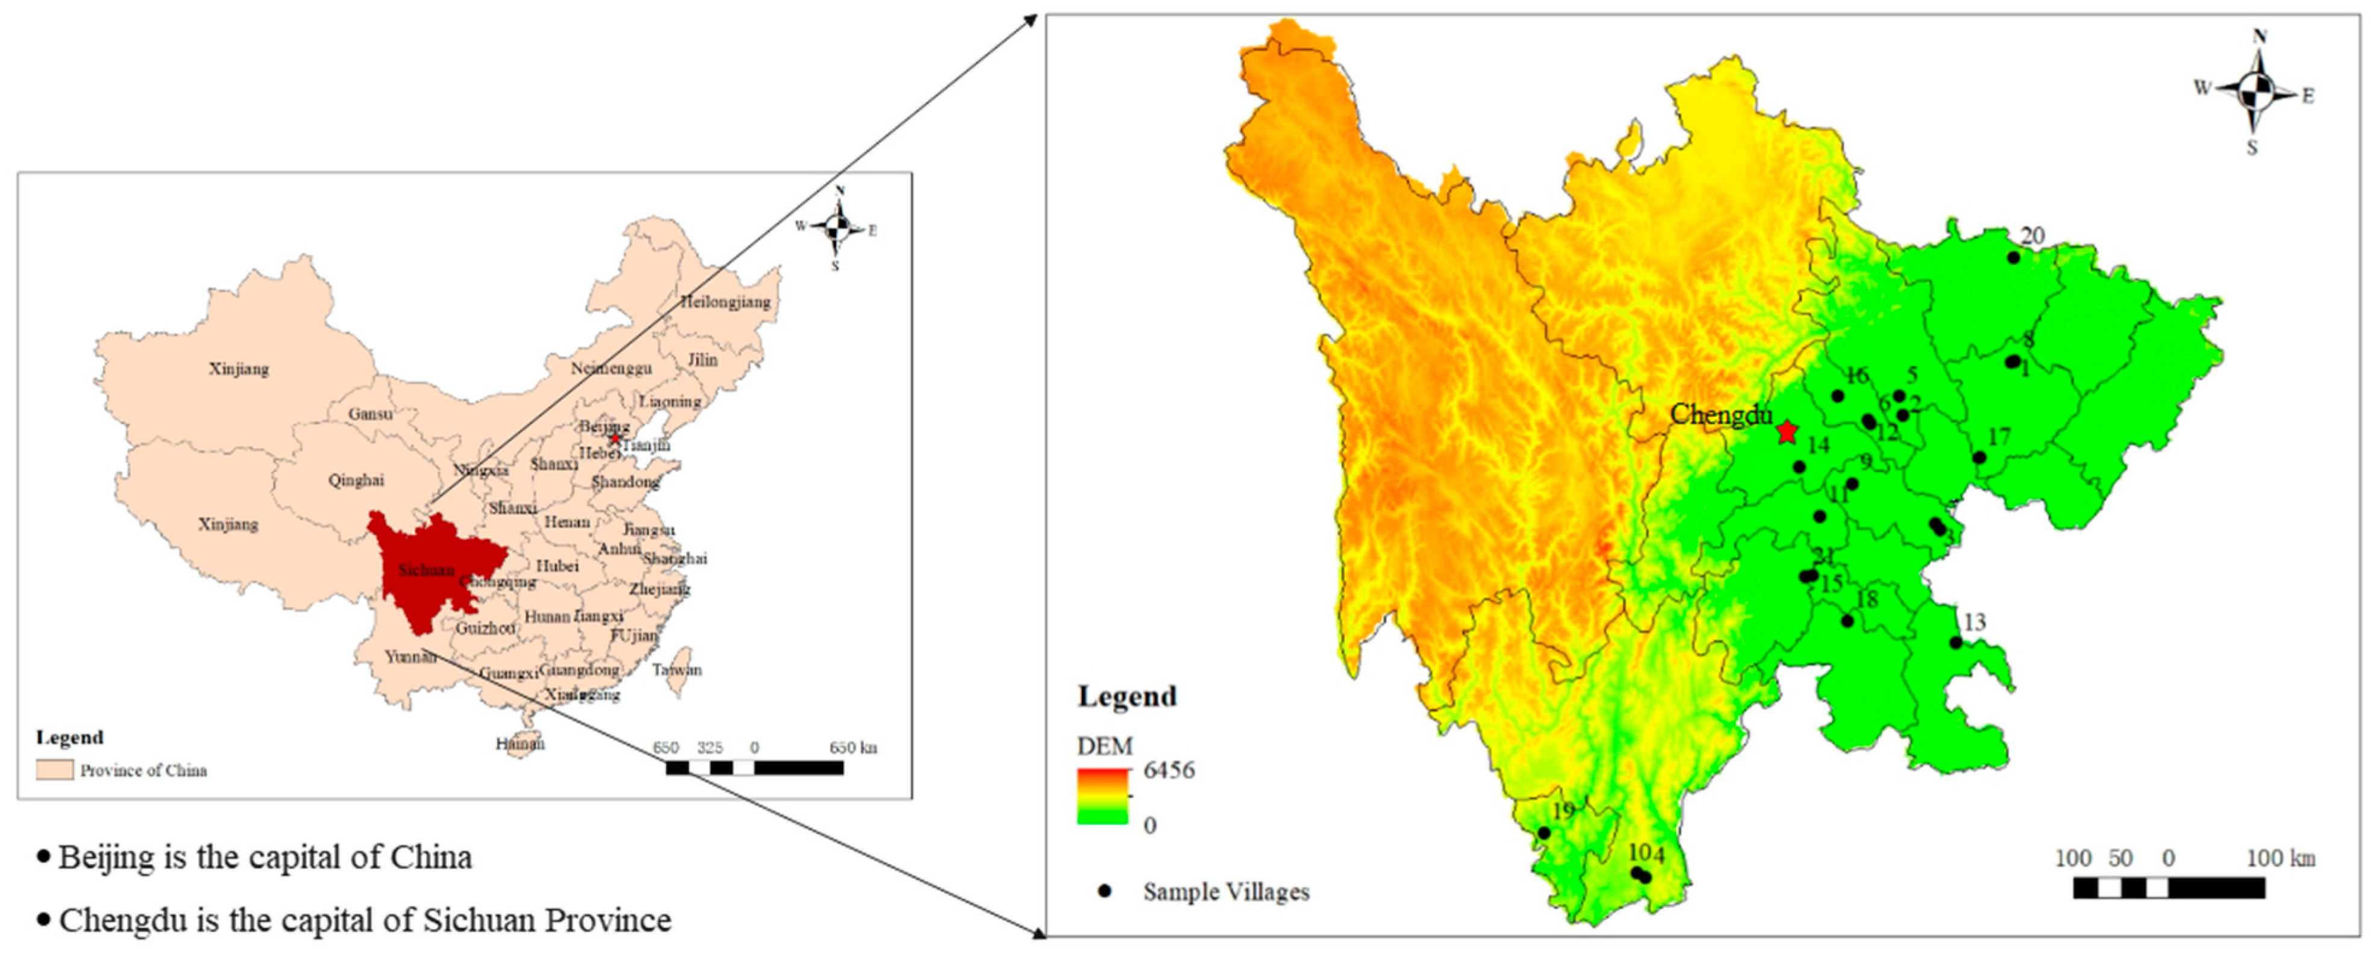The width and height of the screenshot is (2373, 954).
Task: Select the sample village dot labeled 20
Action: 2014,258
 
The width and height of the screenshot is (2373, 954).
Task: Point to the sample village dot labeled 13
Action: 1956,643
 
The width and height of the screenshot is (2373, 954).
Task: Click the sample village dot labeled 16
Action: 1838,396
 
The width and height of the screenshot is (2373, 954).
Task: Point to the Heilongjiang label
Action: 725,302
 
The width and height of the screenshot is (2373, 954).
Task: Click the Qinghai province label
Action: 356,481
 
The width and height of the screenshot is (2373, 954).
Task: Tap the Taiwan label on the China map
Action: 676,670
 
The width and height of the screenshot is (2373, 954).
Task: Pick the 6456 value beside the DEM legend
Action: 1168,770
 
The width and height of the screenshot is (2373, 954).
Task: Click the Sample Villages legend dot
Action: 1104,891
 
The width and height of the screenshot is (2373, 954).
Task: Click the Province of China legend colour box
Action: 54,770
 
